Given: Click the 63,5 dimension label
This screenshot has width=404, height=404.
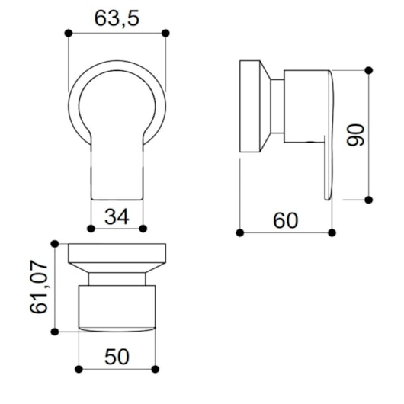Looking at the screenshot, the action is click(x=117, y=18).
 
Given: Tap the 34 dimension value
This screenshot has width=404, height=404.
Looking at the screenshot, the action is click(x=117, y=216).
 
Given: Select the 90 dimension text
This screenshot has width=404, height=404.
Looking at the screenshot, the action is click(x=355, y=135).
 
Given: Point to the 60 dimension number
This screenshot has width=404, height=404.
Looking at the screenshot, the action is click(x=286, y=220).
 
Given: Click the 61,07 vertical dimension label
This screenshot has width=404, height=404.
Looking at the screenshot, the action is click(x=39, y=287).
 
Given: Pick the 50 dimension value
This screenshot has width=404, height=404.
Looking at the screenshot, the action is click(x=117, y=357).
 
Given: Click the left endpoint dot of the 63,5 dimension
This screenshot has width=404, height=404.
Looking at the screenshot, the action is click(x=69, y=34).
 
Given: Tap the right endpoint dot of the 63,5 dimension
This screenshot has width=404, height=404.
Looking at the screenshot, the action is click(x=165, y=34).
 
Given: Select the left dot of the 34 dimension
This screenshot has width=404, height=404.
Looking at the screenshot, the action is click(x=91, y=229).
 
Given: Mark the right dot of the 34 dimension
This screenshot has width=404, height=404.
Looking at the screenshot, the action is click(x=143, y=229).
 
